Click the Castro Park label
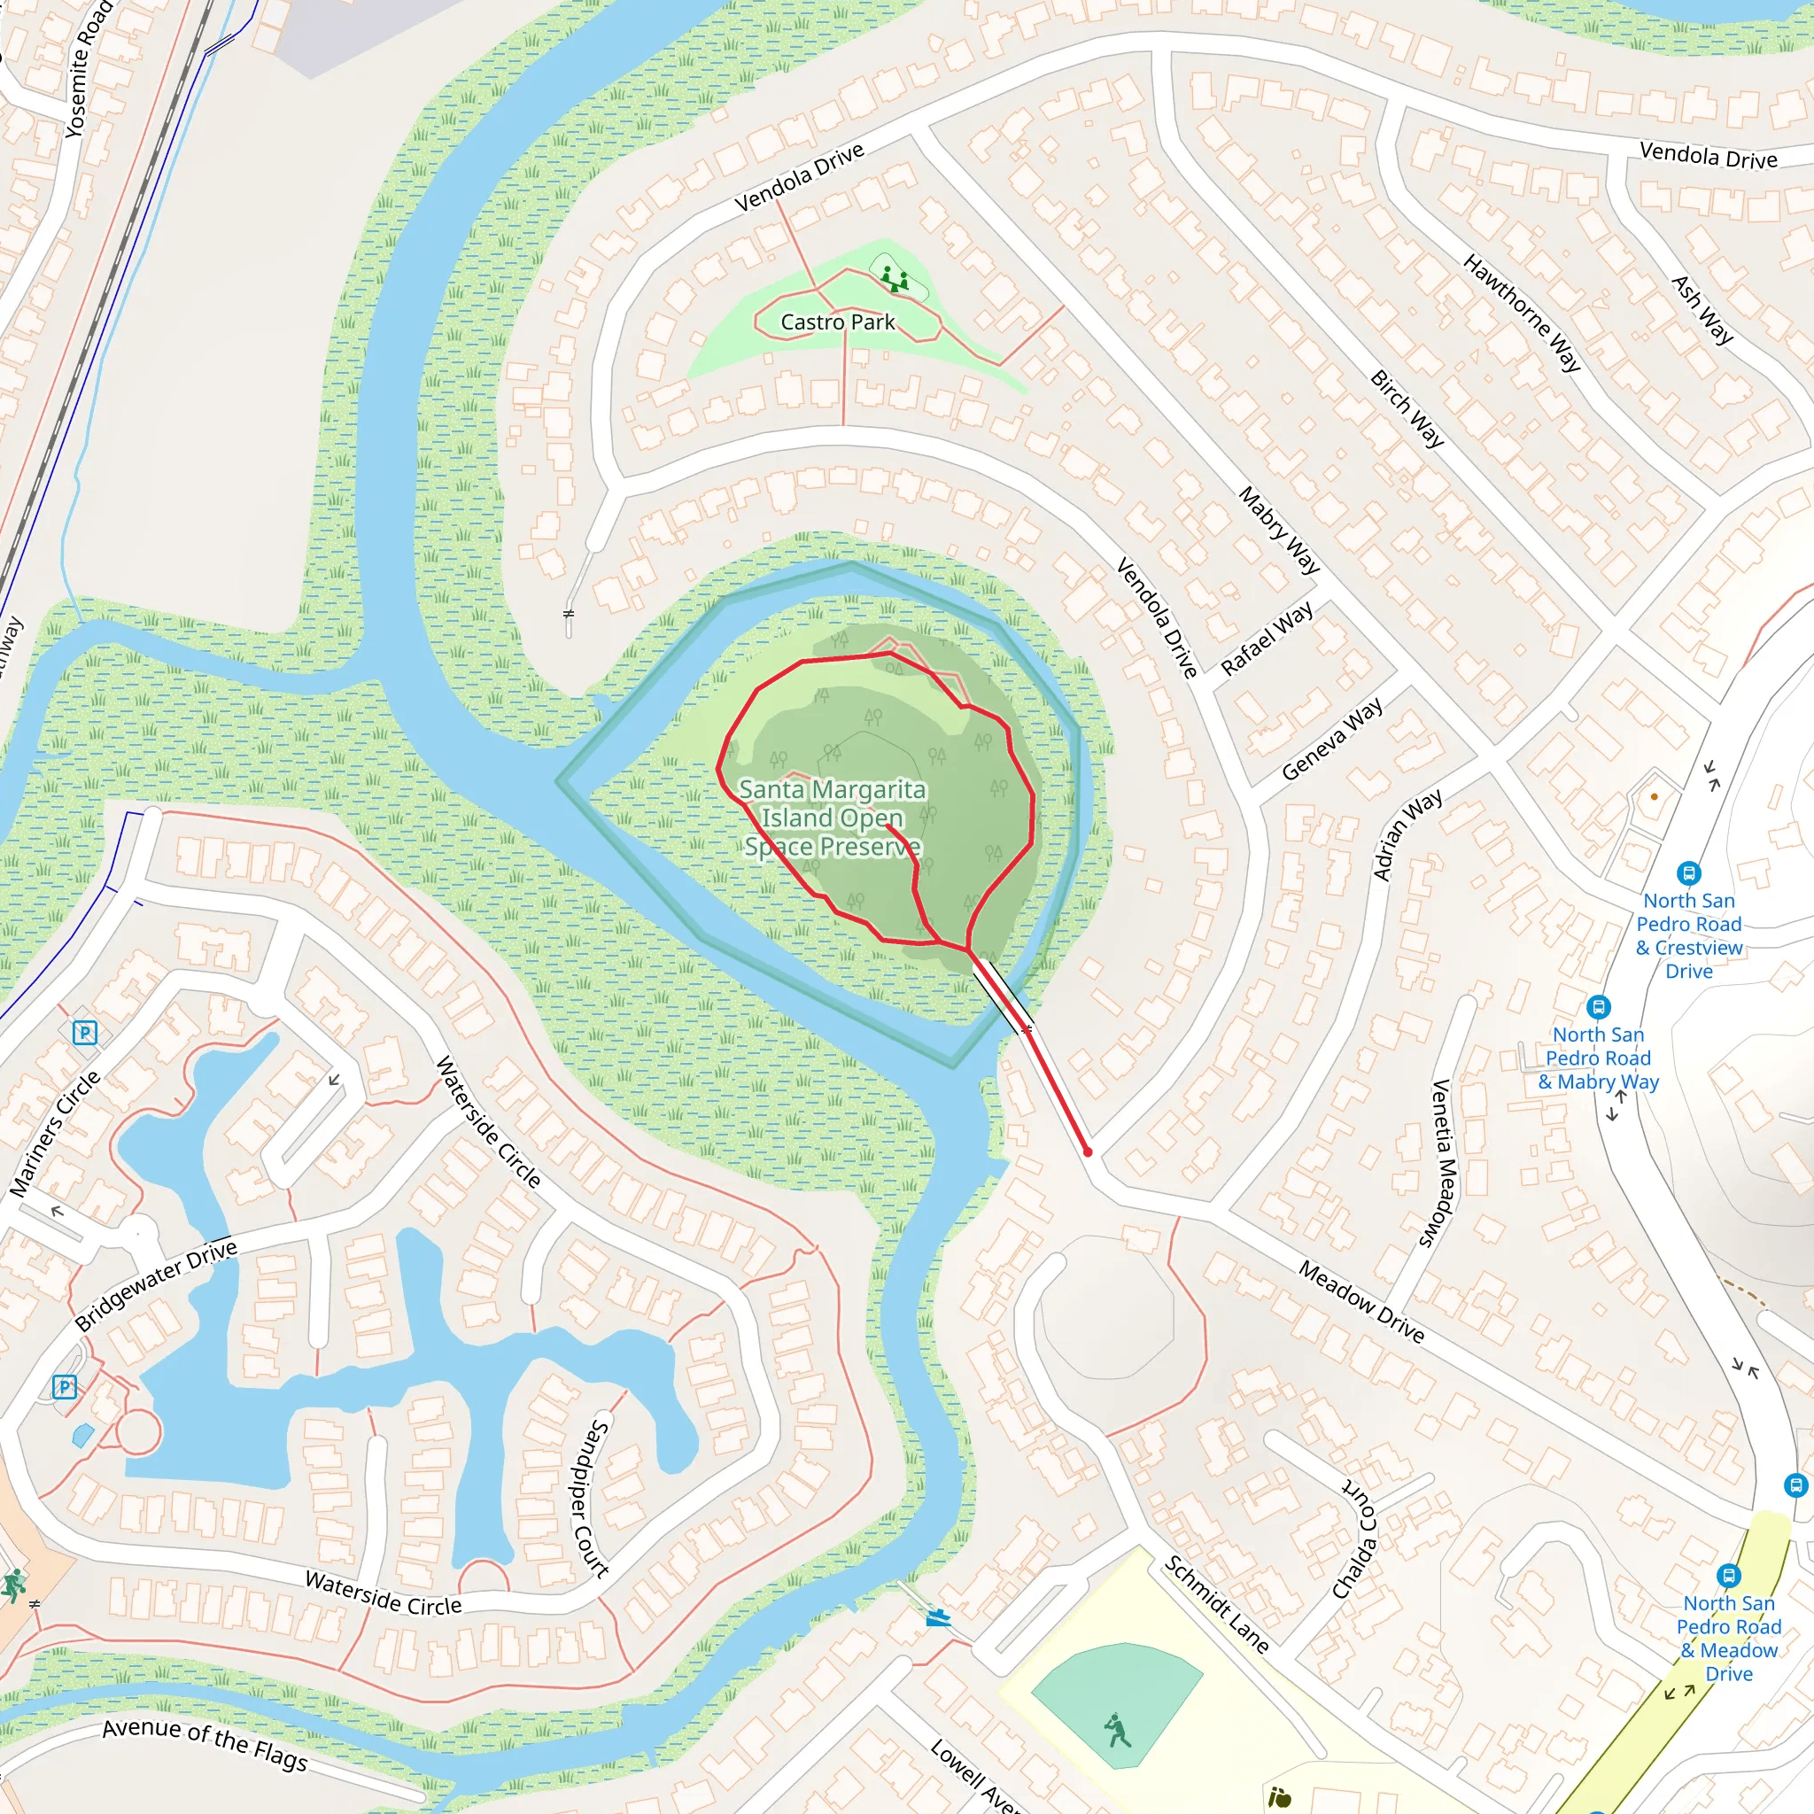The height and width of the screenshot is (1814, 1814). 838,322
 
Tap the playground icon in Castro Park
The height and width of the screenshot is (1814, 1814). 894,278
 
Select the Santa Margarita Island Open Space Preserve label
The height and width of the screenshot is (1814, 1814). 832,817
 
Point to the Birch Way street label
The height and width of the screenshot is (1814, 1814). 1407,408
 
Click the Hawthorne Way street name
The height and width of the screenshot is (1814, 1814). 1522,313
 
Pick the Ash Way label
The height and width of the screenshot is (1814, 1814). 1702,310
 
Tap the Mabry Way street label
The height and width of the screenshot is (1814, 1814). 1279,530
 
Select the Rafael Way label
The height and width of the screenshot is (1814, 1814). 1267,639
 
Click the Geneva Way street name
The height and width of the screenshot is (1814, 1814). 1331,739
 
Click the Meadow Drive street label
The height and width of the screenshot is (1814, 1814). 1360,1301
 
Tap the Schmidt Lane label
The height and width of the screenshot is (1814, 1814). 1217,1604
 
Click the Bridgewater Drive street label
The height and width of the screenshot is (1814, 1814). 156,1284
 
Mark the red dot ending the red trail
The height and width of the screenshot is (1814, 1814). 1088,1152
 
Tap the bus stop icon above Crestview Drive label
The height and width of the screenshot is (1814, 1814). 1688,873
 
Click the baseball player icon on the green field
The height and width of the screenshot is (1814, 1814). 1117,1731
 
